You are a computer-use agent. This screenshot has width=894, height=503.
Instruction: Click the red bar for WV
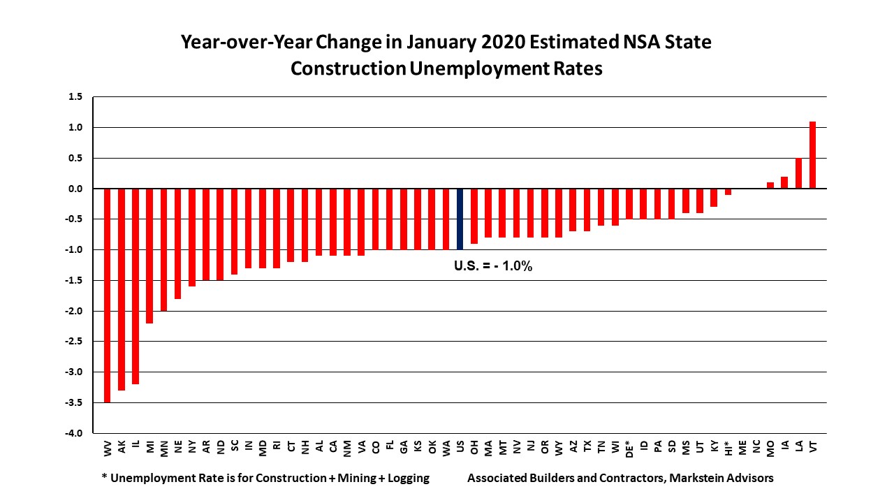[108, 295]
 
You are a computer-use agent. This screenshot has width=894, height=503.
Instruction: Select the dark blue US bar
[460, 219]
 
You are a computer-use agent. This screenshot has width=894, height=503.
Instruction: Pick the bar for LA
[798, 173]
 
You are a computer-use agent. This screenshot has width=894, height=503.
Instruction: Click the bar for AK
[122, 289]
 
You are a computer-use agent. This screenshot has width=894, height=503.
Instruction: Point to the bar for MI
[149, 256]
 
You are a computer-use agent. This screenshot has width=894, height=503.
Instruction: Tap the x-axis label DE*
[629, 448]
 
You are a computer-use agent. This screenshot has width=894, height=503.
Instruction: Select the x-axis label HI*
[728, 447]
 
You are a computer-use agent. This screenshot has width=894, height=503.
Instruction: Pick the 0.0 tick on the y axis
[75, 189]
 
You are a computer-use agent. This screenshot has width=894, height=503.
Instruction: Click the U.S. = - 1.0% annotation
[493, 266]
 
